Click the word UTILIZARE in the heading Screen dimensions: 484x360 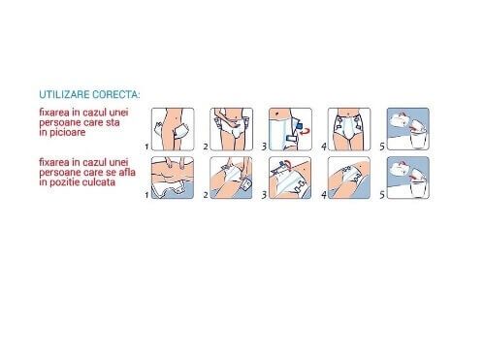64,94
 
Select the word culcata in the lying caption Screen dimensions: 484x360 99,182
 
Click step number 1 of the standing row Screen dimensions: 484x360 146,147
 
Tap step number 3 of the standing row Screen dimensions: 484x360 264,147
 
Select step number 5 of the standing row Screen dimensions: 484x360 382,147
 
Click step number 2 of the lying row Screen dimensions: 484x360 206,195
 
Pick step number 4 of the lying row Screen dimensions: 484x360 324,195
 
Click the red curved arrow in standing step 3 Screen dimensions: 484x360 305,131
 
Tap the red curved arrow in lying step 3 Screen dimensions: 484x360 288,165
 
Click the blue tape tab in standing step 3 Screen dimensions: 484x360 299,125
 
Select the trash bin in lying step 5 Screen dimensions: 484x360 418,187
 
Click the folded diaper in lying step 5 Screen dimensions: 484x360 400,168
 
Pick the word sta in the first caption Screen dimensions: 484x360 113,122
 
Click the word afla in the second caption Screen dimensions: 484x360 127,172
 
